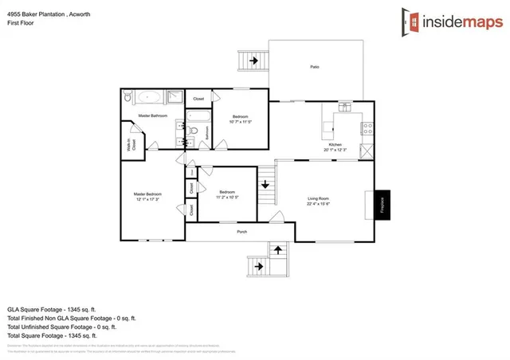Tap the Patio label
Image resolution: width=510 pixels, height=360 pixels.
(315, 66)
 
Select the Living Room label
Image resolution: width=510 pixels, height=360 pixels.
(320, 199)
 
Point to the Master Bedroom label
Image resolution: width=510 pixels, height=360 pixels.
(147, 195)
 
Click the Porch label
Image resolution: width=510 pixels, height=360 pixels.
(241, 232)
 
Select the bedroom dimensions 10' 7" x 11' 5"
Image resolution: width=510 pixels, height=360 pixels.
(240, 122)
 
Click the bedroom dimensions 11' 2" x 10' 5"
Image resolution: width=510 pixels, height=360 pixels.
(228, 196)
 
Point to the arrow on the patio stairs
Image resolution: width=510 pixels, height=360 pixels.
(255, 60)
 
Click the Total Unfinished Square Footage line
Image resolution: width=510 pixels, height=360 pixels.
(61, 326)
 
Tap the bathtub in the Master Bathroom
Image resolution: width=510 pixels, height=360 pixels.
(149, 100)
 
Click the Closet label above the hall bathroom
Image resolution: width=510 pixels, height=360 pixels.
(198, 99)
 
